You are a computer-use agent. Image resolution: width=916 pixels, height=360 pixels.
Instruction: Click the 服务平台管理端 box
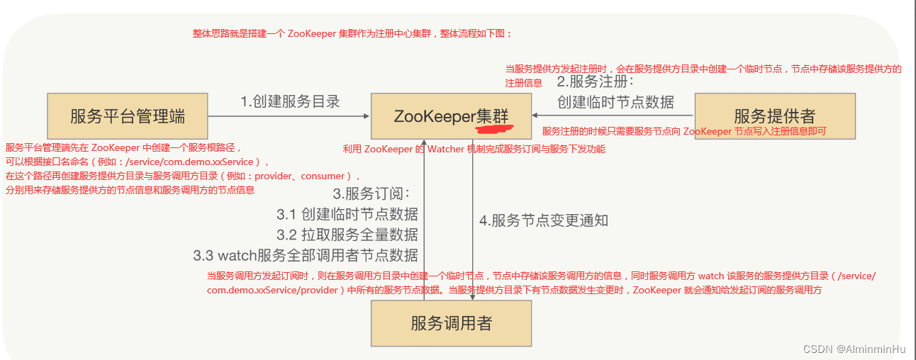pos(128,116)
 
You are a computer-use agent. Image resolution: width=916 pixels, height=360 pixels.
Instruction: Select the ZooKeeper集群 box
pos(451,116)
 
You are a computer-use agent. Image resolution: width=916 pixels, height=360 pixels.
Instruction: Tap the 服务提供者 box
pos(774,116)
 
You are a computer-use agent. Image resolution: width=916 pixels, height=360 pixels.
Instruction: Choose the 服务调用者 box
pos(451,324)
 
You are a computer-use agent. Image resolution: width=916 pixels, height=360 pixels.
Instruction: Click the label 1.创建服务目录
pos(290,101)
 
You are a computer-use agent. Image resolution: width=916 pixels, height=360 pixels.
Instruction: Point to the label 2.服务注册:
pos(595,81)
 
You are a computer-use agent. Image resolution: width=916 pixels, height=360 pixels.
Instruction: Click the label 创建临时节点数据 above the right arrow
pos(615,102)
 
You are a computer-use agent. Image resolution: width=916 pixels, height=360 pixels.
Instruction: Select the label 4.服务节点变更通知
pos(544,220)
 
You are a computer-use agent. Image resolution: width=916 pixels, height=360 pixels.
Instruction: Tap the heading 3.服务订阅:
pos(372,193)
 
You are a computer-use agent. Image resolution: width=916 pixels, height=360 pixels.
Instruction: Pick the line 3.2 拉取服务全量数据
pos(347,234)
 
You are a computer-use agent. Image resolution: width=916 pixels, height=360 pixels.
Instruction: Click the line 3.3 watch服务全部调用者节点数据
pos(305,254)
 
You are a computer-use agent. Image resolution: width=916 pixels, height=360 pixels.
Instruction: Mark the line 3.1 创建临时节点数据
pos(347,213)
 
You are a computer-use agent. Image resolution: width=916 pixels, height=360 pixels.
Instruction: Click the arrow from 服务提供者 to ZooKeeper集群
pos(613,116)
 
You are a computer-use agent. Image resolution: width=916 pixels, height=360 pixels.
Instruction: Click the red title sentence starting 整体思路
pos(352,33)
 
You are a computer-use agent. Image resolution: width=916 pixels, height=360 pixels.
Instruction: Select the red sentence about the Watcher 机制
pos(474,149)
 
